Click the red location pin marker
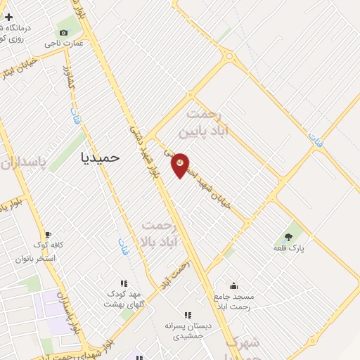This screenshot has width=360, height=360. click(x=180, y=165)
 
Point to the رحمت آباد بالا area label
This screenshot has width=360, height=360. click(x=167, y=233)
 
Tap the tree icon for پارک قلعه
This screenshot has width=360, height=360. click(x=289, y=236)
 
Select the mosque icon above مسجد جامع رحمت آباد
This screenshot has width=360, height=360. click(x=233, y=286)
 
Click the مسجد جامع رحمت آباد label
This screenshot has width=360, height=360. click(x=233, y=302)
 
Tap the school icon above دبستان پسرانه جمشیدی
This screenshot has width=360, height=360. click(x=187, y=316)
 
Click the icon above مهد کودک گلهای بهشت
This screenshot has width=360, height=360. click(x=134, y=281)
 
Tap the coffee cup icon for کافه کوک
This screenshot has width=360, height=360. click(x=47, y=235)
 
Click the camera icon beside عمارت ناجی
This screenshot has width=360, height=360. click(x=64, y=32)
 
